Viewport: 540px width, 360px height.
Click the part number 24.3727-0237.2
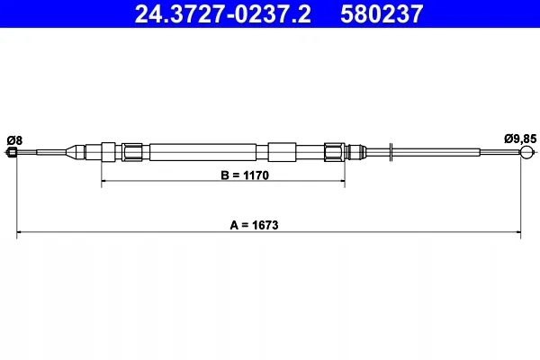click(x=222, y=14)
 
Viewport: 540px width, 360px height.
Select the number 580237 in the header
click(x=382, y=14)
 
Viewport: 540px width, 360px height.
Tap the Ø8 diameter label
click(x=14, y=140)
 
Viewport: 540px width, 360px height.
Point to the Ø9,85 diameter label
click(x=520, y=139)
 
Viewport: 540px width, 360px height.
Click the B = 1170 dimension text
click(x=245, y=175)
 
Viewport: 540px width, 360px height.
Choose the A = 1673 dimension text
click(x=254, y=225)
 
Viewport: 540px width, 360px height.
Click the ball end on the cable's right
click(x=526, y=152)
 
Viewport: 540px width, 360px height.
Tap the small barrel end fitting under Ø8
click(x=12, y=152)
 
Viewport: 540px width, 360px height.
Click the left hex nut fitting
click(x=132, y=152)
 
